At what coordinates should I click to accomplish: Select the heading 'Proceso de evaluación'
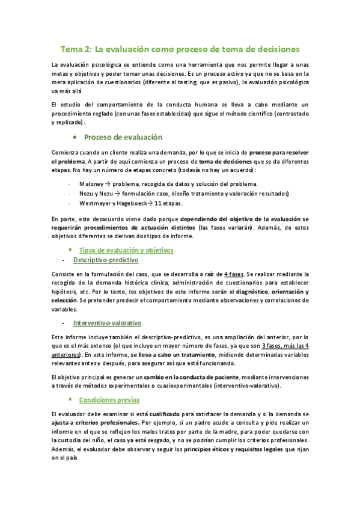(123, 137)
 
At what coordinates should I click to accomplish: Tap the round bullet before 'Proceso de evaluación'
(74, 137)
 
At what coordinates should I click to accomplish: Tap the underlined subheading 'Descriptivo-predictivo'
(106, 260)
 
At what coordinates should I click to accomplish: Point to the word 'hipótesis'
(65, 292)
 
